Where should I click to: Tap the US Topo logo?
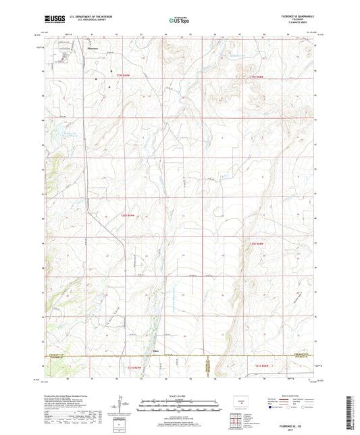[x=179, y=21]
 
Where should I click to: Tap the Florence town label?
[x=93, y=49]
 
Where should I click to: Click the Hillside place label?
[x=155, y=351]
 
